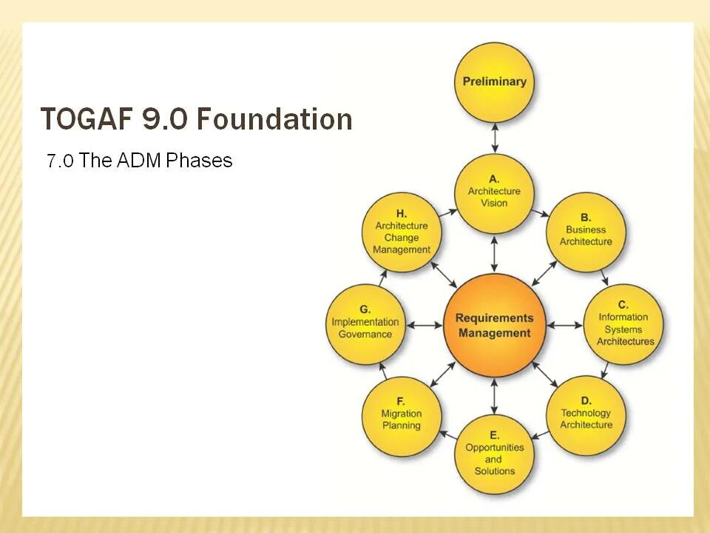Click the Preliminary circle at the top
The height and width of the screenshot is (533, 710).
pos(494,82)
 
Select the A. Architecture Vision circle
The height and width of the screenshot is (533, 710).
pos(494,192)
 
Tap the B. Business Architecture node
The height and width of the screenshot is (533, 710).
pos(586,230)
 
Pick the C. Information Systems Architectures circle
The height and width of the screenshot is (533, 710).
pos(625,324)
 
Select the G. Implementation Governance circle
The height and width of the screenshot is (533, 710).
pos(365,324)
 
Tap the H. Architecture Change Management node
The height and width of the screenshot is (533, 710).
pos(402,232)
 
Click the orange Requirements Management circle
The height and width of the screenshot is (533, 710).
pos(494,325)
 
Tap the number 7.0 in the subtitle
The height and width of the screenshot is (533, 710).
pos(60,161)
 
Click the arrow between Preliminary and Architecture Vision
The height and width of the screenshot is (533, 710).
pos(494,138)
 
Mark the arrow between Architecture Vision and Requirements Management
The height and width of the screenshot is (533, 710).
pos(494,254)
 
